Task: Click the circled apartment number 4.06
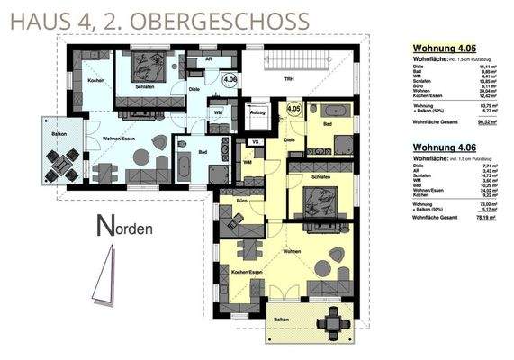230,80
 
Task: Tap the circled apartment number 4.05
293,109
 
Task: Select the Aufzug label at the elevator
257,112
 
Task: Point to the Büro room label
242,200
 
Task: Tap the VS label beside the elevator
255,142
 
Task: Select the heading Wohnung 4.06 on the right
443,146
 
